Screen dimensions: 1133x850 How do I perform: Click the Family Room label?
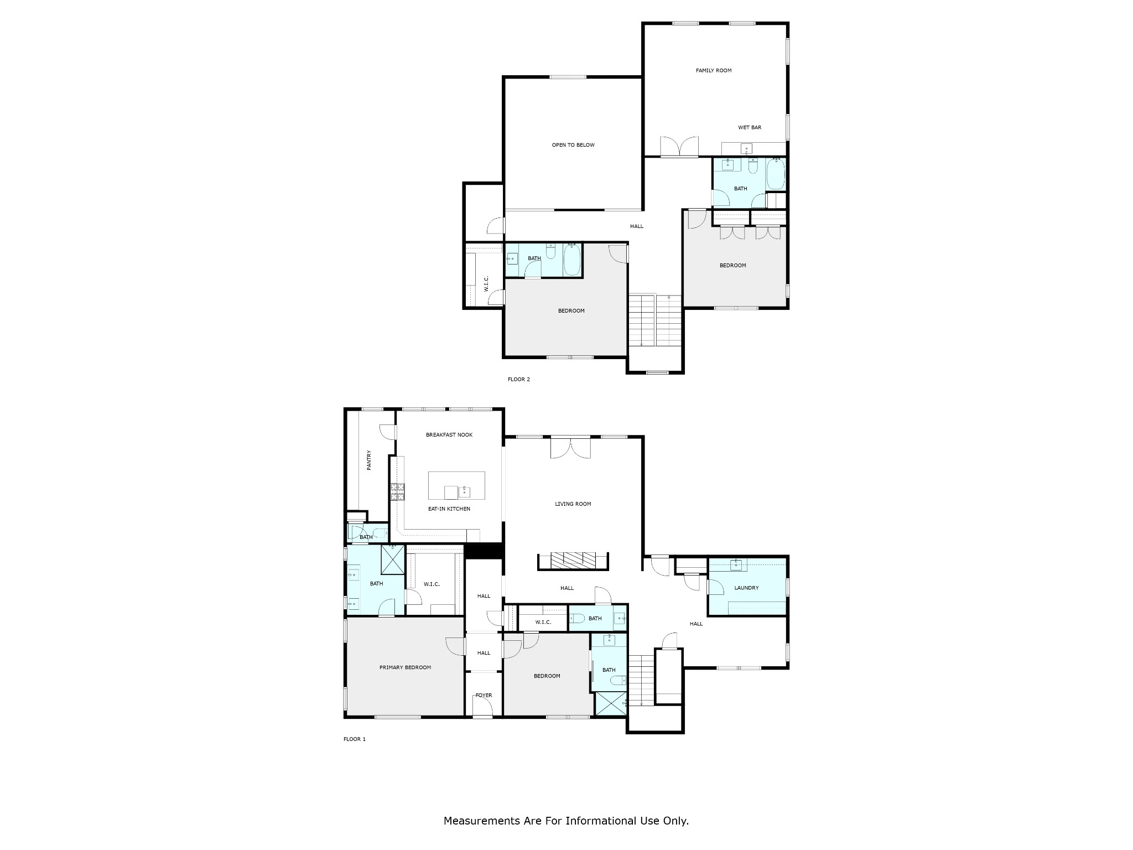[714, 70]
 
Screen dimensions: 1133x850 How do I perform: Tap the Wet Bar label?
[750, 127]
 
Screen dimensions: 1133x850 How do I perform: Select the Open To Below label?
[573, 145]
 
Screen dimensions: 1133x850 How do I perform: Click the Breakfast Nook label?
[449, 435]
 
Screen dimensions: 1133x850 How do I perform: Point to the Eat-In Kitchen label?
[449, 509]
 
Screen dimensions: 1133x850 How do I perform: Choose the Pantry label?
[369, 460]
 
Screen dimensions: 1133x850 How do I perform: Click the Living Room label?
[573, 504]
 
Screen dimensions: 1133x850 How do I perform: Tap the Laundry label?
[746, 588]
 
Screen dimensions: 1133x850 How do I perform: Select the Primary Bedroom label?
[405, 667]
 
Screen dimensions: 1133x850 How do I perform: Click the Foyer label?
[484, 696]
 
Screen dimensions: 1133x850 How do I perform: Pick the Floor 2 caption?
[519, 380]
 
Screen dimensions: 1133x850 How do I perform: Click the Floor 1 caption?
[355, 739]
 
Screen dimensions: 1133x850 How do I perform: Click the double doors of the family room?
[679, 147]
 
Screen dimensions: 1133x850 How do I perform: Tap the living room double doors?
[571, 448]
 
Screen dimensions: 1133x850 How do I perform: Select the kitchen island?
[457, 485]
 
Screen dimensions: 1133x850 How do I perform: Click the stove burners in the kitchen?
[398, 492]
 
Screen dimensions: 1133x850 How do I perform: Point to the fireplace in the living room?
[573, 561]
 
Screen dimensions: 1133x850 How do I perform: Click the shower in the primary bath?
[393, 560]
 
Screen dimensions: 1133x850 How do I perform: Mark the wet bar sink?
[747, 149]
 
